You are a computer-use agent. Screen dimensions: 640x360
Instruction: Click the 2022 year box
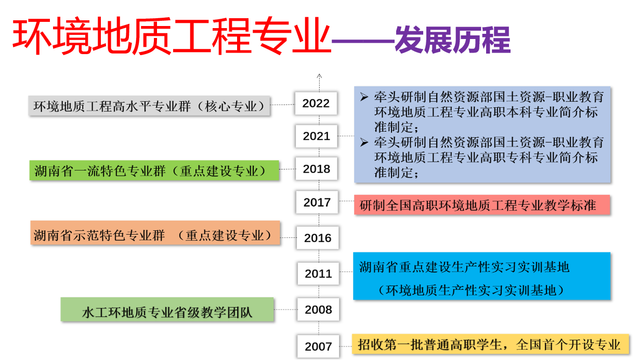(316, 103)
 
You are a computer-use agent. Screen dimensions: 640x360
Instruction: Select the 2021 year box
(316, 136)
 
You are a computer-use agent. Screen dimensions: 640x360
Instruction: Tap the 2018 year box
(316, 169)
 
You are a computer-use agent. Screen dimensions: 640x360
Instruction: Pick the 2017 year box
(317, 202)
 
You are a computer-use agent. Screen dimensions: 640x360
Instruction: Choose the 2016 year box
(318, 238)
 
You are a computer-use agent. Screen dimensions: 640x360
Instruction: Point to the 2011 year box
(318, 273)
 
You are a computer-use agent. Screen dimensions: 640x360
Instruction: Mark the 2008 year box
(318, 310)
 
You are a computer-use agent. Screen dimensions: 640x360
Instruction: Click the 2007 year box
(318, 346)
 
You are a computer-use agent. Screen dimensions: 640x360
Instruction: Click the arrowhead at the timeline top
(319, 76)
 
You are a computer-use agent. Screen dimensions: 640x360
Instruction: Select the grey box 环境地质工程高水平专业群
(149, 106)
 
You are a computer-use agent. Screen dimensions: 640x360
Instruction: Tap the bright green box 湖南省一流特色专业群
(154, 171)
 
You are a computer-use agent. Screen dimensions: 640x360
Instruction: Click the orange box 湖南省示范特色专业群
(155, 233)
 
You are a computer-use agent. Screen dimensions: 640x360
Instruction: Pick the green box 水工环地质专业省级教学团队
(167, 310)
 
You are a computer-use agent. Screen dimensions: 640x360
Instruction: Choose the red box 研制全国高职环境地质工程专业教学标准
(482, 205)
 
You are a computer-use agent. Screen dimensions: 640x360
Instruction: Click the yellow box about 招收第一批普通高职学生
(491, 344)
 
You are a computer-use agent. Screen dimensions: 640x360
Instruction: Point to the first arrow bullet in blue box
(364, 97)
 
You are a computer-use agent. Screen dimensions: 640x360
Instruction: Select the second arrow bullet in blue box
(364, 142)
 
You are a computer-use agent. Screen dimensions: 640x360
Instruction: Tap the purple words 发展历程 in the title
(452, 40)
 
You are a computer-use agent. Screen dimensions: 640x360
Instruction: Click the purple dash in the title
(363, 42)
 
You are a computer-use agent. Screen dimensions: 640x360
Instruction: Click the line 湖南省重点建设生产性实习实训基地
(464, 267)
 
